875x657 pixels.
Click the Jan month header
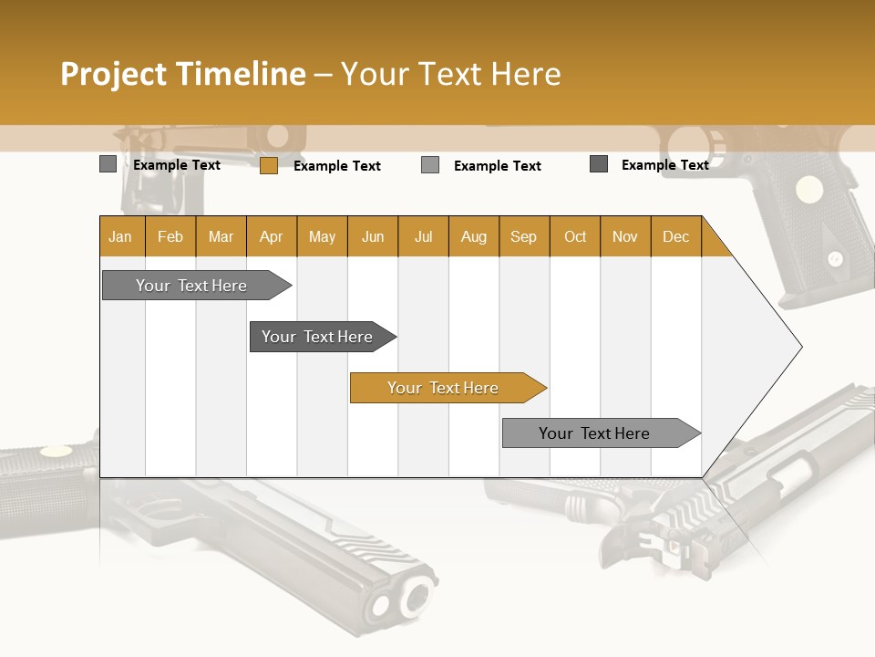[x=121, y=236]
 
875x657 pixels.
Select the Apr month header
[x=271, y=236]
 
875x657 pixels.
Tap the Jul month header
[x=423, y=236]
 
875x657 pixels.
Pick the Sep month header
[x=523, y=236]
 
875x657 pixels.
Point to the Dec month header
[x=675, y=236]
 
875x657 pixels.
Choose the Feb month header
[x=170, y=236]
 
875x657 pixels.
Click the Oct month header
[x=575, y=236]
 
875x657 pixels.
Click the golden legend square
[x=268, y=165]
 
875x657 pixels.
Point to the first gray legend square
[x=108, y=164]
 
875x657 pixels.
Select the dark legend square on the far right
[x=599, y=164]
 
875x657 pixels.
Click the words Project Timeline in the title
[x=182, y=74]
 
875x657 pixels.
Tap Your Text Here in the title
[x=450, y=74]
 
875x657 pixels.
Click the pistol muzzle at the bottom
[x=402, y=600]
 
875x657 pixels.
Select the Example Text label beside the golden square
[x=336, y=166]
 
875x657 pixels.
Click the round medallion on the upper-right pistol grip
[x=808, y=190]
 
